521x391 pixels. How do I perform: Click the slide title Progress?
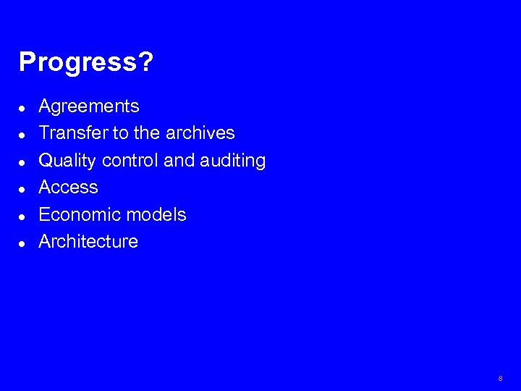pyautogui.click(x=85, y=63)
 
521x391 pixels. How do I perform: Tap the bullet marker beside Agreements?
pyautogui.click(x=23, y=108)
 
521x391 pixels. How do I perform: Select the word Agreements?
pyautogui.click(x=88, y=106)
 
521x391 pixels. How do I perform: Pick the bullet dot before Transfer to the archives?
pyautogui.click(x=23, y=135)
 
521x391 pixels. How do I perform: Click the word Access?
pyautogui.click(x=68, y=188)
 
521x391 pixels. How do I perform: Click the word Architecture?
pyautogui.click(x=88, y=241)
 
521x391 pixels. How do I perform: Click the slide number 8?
pyautogui.click(x=500, y=379)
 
